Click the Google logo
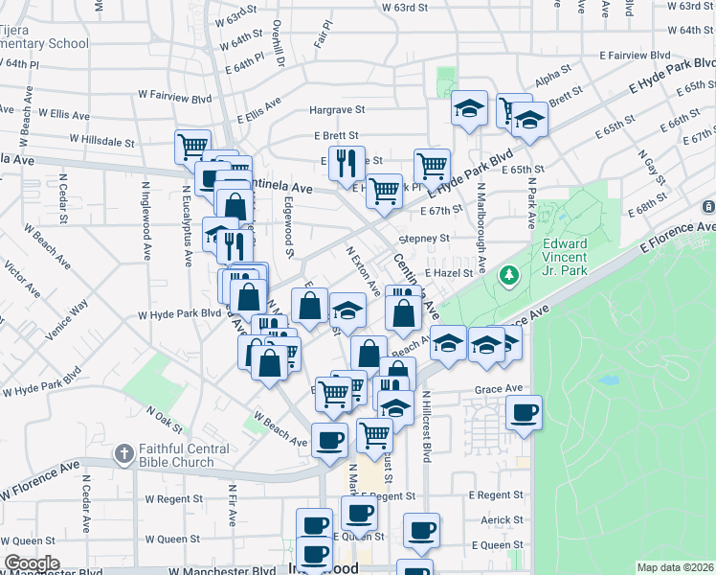click(x=32, y=563)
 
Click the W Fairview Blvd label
click(x=174, y=98)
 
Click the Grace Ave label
click(x=501, y=389)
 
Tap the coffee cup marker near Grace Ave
click(x=524, y=413)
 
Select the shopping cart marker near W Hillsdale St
click(x=192, y=146)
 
